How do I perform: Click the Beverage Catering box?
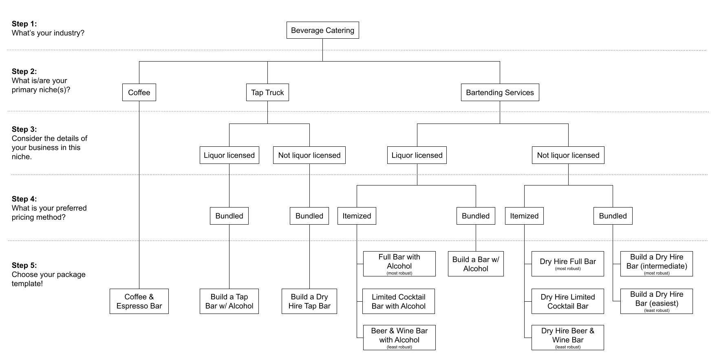coord(322,30)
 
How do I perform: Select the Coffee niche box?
coord(139,93)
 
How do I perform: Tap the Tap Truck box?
coord(267,93)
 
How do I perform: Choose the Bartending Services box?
coord(500,93)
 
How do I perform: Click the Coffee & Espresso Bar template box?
coord(139,301)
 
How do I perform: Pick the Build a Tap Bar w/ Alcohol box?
coord(229,301)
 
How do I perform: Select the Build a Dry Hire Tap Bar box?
coord(309,301)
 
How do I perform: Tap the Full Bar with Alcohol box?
coord(399,263)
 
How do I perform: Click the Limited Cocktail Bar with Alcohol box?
coord(399,301)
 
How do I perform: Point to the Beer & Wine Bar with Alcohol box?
coord(399,337)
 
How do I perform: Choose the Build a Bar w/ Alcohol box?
coord(476,264)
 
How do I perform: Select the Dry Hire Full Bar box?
coord(568,264)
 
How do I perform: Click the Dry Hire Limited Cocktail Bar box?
coord(568,301)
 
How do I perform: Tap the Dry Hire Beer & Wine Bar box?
coord(568,337)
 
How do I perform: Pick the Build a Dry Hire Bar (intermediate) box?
coord(656,263)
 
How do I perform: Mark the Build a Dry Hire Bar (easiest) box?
coord(656,301)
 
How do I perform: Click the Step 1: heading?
coord(24,24)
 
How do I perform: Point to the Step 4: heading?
coord(24,199)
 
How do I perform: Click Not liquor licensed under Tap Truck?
coord(309,155)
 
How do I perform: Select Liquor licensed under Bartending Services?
coord(417,155)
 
